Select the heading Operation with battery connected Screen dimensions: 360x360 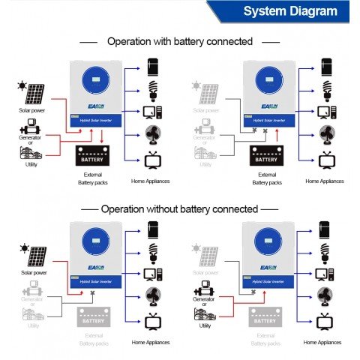tap(179, 41)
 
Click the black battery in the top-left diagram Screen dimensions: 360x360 tap(93, 158)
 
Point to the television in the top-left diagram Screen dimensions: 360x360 tap(153, 160)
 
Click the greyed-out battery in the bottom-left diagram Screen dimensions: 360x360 tap(93, 320)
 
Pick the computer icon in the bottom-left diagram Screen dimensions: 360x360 tap(153, 274)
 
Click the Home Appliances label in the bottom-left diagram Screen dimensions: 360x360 tap(150, 342)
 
